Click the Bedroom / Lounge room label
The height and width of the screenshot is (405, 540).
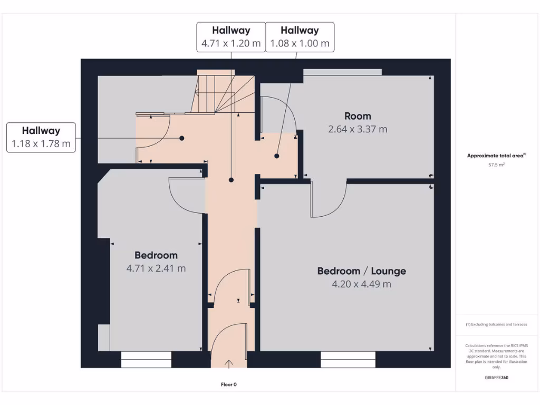361,271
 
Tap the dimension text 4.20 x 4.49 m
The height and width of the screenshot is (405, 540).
361,284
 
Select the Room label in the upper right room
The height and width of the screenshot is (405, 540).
358,116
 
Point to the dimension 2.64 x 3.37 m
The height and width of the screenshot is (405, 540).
358,129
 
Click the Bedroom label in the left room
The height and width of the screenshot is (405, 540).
156,255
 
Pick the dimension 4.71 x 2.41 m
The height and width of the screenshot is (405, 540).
156,268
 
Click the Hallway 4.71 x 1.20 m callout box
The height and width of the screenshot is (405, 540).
231,37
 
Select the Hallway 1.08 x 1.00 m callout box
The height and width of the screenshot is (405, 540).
300,37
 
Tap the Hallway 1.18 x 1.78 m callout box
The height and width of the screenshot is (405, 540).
41,138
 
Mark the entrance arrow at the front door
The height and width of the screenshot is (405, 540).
229,363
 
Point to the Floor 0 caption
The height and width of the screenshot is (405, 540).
229,384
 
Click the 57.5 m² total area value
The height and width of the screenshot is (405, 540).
497,165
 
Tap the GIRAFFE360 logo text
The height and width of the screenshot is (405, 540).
497,378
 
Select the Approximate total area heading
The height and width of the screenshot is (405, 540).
496,156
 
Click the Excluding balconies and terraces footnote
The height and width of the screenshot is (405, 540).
496,324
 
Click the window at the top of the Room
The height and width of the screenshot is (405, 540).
342,72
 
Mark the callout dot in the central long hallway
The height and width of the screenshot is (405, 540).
231,180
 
